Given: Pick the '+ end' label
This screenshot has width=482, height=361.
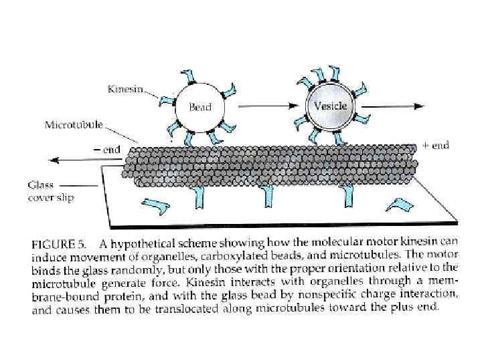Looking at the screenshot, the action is tap(435, 145).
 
